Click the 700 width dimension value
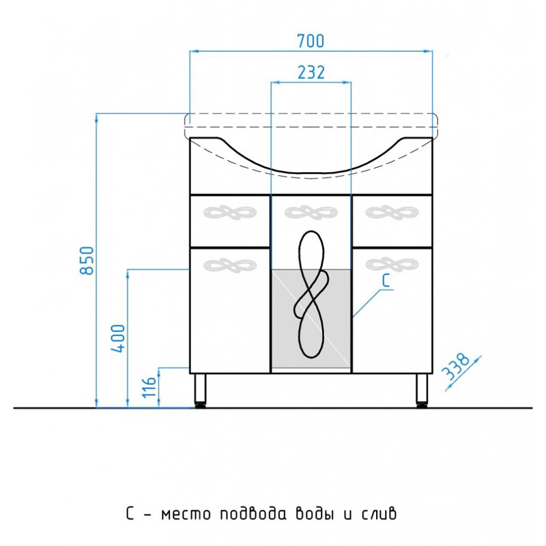click(x=311, y=41)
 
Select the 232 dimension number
click(x=311, y=72)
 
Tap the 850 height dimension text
click(x=87, y=261)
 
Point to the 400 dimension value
click(x=118, y=338)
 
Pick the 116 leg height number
click(x=149, y=387)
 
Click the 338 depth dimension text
click(x=455, y=367)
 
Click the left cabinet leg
click(x=200, y=390)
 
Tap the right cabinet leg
click(x=422, y=390)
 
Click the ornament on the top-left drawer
click(x=230, y=212)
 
